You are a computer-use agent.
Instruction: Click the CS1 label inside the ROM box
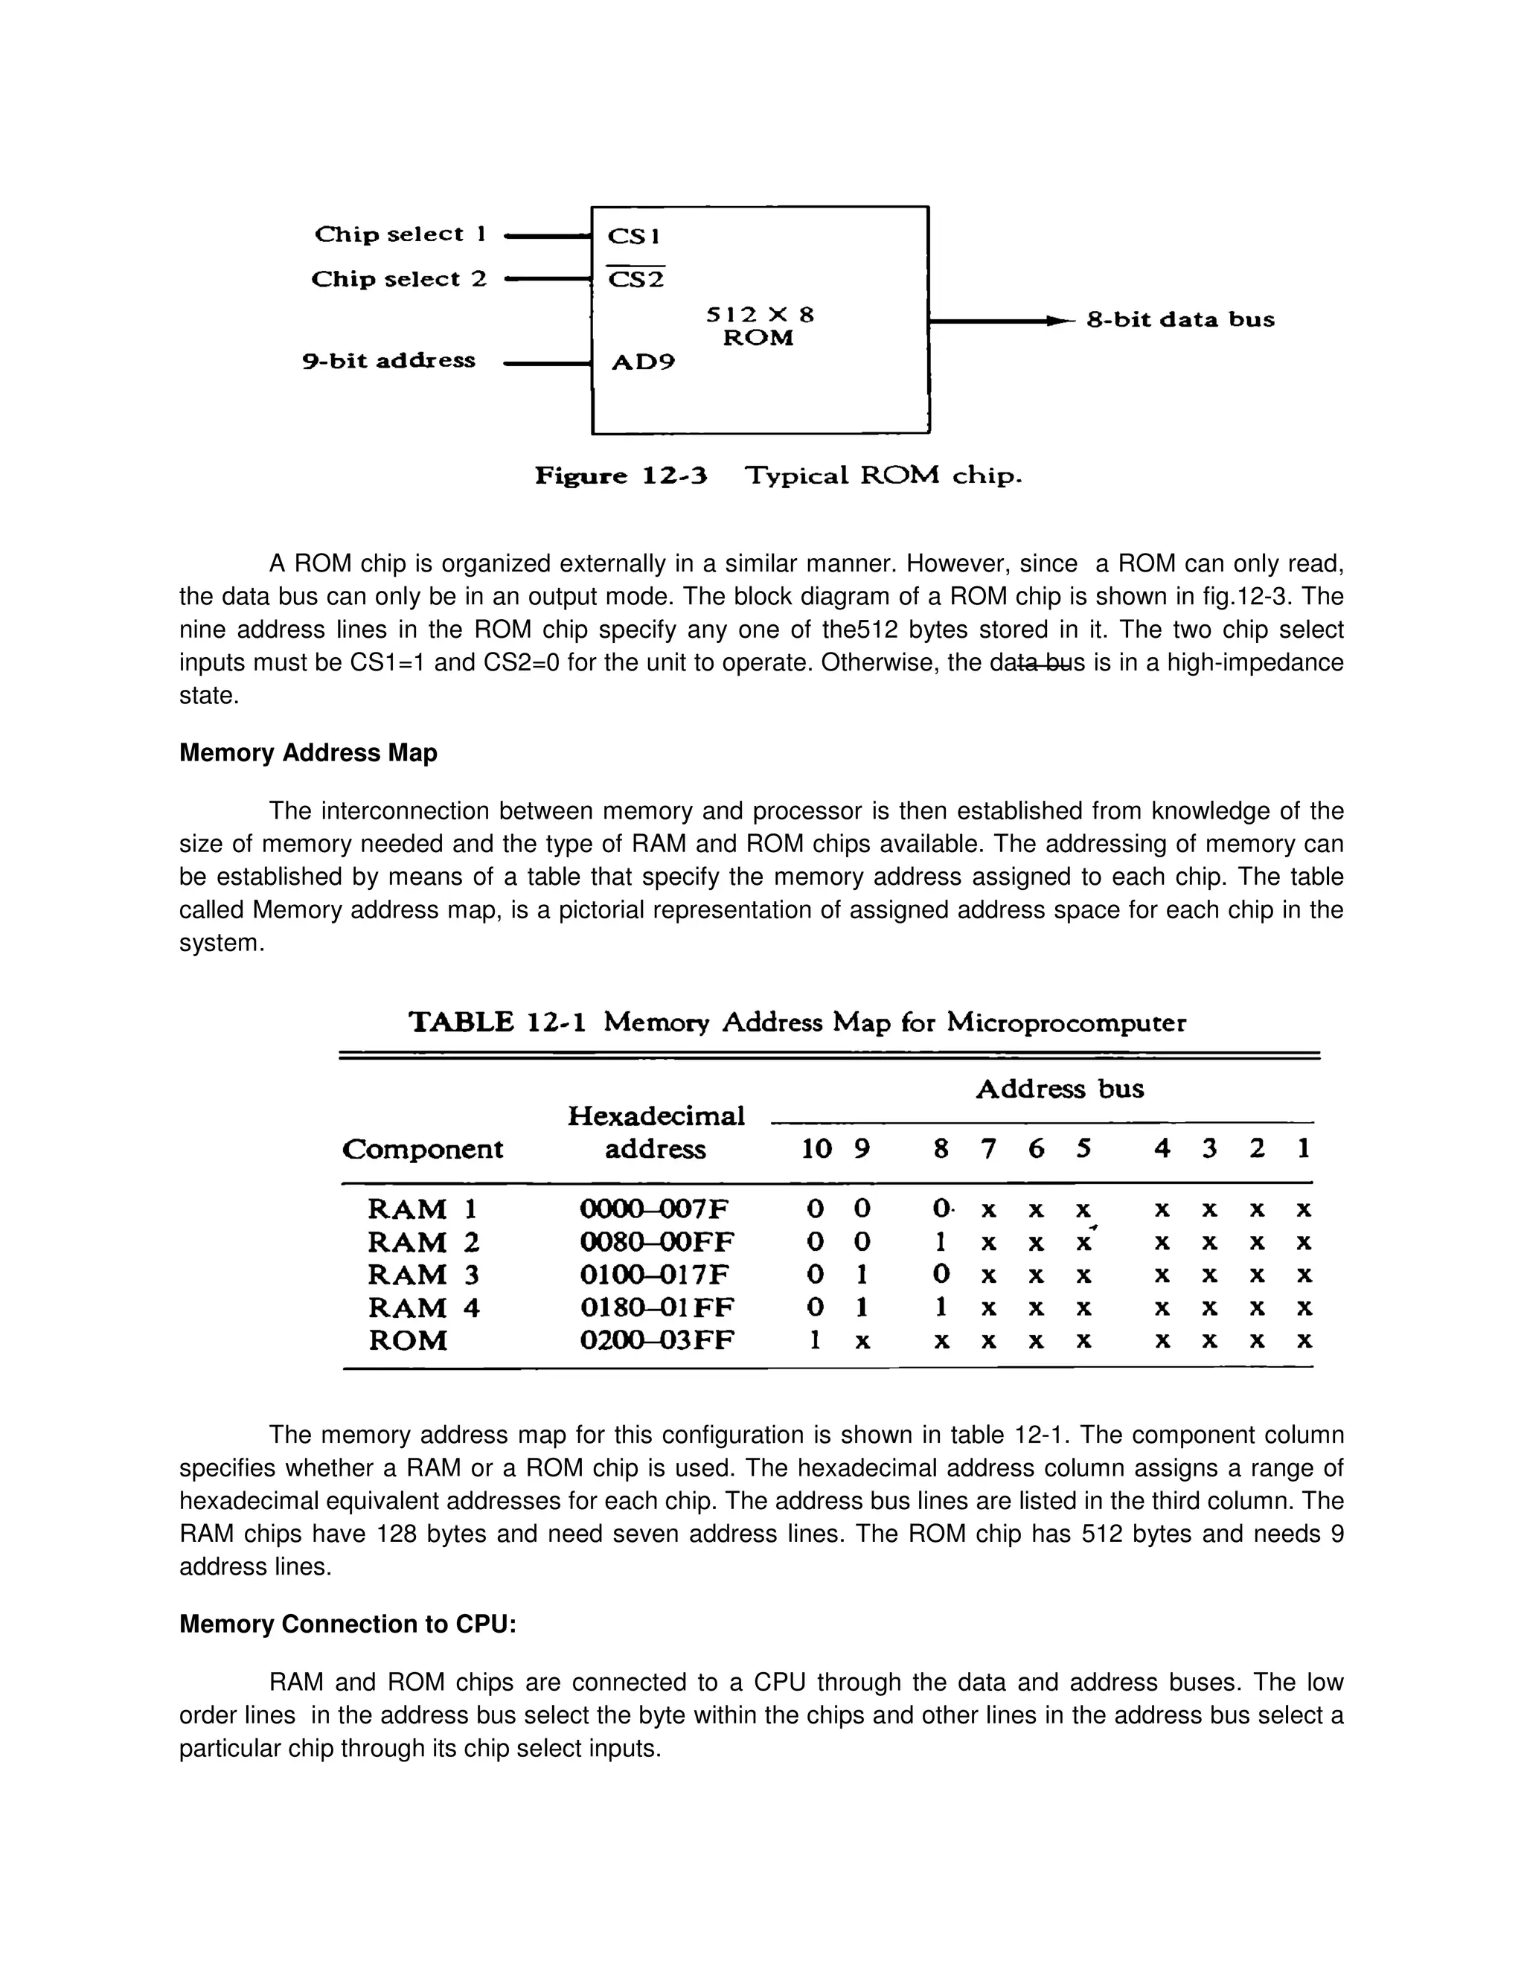pyautogui.click(x=634, y=237)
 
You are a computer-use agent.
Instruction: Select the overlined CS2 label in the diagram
pyautogui.click(x=635, y=280)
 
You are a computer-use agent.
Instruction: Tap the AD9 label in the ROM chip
pyautogui.click(x=643, y=363)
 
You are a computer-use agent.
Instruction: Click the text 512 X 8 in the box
pyautogui.click(x=759, y=315)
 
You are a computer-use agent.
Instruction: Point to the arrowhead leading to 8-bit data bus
pyautogui.click(x=1054, y=321)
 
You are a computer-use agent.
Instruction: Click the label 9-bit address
pyautogui.click(x=388, y=361)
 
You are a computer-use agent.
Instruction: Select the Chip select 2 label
pyautogui.click(x=398, y=279)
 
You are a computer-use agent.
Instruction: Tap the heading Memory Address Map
pyautogui.click(x=308, y=753)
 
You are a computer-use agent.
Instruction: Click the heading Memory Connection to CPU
pyautogui.click(x=348, y=1624)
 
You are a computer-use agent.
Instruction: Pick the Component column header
pyautogui.click(x=423, y=1150)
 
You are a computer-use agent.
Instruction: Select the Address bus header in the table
pyautogui.click(x=1059, y=1089)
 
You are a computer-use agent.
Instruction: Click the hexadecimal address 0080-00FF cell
pyautogui.click(x=656, y=1243)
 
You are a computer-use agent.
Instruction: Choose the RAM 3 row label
pyautogui.click(x=423, y=1275)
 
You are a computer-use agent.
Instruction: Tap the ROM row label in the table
pyautogui.click(x=407, y=1341)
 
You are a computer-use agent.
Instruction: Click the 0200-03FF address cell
pyautogui.click(x=656, y=1341)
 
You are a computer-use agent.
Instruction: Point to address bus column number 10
pyautogui.click(x=816, y=1150)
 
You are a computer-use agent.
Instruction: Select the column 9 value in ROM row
pyautogui.click(x=862, y=1342)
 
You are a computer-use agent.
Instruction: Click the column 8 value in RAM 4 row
pyautogui.click(x=941, y=1307)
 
